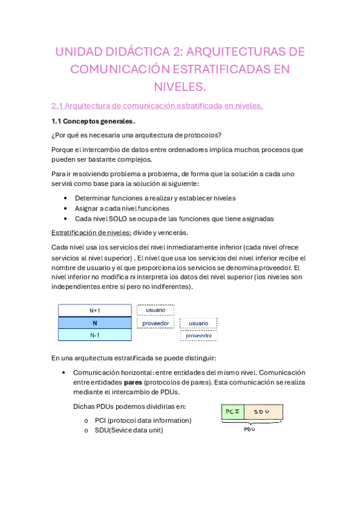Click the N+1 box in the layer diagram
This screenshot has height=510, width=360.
(94, 310)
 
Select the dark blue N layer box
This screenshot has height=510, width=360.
(94, 323)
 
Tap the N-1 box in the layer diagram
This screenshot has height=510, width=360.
(94, 335)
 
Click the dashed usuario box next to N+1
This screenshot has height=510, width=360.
(155, 310)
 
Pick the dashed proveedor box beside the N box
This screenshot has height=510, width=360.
(155, 323)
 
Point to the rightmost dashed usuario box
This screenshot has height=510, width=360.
(198, 323)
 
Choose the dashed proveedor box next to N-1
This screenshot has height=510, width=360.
(198, 336)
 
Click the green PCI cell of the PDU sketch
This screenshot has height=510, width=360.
(232, 411)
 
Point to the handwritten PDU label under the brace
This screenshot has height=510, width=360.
(249, 429)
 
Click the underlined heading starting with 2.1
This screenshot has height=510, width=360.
(157, 106)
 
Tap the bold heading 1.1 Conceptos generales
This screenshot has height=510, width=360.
(93, 121)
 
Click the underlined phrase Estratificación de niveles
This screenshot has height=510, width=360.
(91, 232)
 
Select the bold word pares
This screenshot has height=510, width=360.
(133, 382)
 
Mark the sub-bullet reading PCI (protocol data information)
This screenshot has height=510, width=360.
(142, 420)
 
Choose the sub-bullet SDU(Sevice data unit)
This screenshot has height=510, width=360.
(129, 430)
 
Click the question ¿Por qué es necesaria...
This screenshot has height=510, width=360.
(136, 135)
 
